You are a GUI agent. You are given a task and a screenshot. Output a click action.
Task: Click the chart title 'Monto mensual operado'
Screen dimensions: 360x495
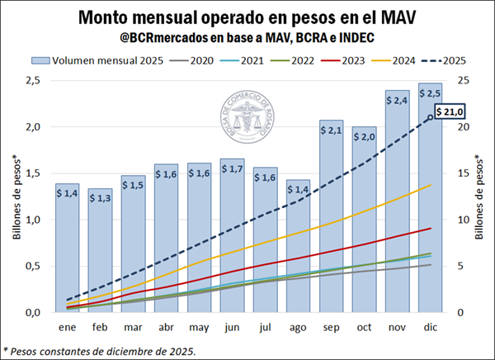click(x=247, y=17)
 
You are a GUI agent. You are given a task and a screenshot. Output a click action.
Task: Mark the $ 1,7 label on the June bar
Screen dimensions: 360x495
click(x=232, y=170)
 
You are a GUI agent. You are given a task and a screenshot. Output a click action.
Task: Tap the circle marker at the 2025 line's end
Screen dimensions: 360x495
click(x=429, y=117)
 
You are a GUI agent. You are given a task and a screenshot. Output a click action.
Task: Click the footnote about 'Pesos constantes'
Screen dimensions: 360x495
click(x=100, y=351)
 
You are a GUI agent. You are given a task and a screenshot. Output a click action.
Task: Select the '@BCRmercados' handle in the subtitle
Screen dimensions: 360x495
click(x=160, y=37)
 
